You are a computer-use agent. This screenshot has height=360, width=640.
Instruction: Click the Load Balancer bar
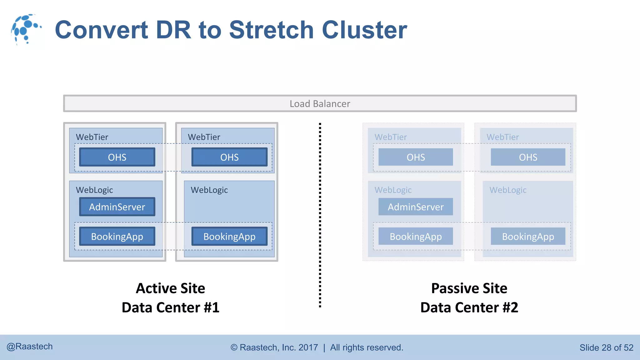point(320,103)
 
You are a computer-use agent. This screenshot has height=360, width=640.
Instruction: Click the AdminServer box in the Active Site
point(117,207)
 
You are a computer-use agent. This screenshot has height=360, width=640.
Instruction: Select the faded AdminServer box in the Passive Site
point(416,207)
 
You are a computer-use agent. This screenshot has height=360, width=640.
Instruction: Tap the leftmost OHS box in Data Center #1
point(117,157)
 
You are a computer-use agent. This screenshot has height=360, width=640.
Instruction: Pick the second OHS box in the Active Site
point(229,157)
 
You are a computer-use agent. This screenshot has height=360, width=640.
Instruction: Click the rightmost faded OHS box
point(528,157)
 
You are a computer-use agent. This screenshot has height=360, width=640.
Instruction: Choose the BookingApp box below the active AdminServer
point(117,236)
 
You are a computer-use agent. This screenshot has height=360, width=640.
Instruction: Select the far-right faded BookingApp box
point(528,236)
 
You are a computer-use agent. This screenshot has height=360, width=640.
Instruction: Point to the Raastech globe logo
point(26,29)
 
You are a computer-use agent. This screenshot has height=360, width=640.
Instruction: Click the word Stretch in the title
point(271,30)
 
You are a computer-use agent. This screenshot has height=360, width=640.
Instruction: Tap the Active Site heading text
point(170,288)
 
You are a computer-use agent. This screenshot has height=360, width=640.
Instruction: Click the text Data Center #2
point(469,307)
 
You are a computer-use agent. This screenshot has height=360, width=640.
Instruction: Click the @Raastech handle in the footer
point(30,347)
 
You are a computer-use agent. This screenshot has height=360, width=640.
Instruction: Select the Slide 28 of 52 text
point(606,347)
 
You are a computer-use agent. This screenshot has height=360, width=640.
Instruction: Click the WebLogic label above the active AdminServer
point(94,190)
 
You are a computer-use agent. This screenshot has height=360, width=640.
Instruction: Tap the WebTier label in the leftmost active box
point(92,137)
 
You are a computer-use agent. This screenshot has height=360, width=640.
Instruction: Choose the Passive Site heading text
point(469,288)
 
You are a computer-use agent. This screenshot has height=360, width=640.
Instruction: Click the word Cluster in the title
point(364,30)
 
